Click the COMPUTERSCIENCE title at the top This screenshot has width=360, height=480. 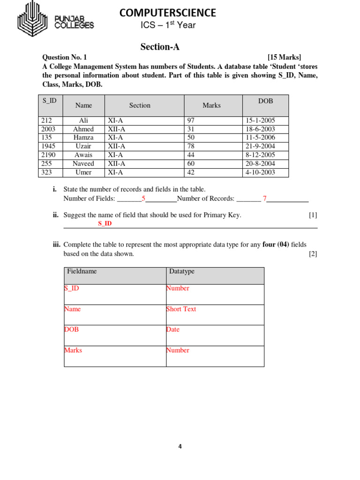168,13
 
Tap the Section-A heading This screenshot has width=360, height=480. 160,47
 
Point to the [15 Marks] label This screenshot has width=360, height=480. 284,57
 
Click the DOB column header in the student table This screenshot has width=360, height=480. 265,101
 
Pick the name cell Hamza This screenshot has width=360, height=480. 83,138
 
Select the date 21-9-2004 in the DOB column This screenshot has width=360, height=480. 260,146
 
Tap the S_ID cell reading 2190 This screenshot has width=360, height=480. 48,155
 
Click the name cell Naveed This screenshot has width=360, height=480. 83,164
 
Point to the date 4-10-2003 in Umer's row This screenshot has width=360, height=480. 260,172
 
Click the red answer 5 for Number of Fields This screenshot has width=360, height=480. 143,199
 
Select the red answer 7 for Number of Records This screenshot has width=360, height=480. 264,199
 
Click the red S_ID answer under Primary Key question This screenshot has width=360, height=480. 105,224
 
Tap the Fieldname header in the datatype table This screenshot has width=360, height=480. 82,271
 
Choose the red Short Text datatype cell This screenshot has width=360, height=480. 181,309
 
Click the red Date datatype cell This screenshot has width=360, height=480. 173,330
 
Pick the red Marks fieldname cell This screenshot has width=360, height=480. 73,350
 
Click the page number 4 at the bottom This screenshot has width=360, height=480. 180,446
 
